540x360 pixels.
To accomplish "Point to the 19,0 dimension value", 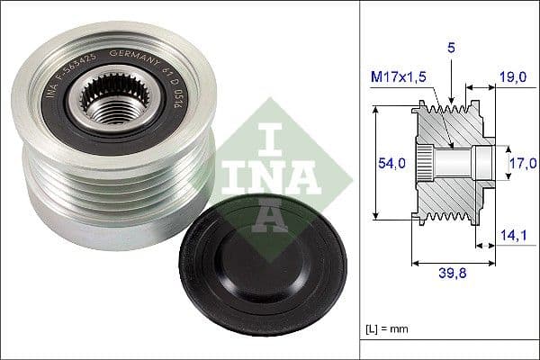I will tap(512, 78).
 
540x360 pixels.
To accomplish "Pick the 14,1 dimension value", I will tap(512, 235).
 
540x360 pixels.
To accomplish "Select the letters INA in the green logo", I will tap(271, 167).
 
